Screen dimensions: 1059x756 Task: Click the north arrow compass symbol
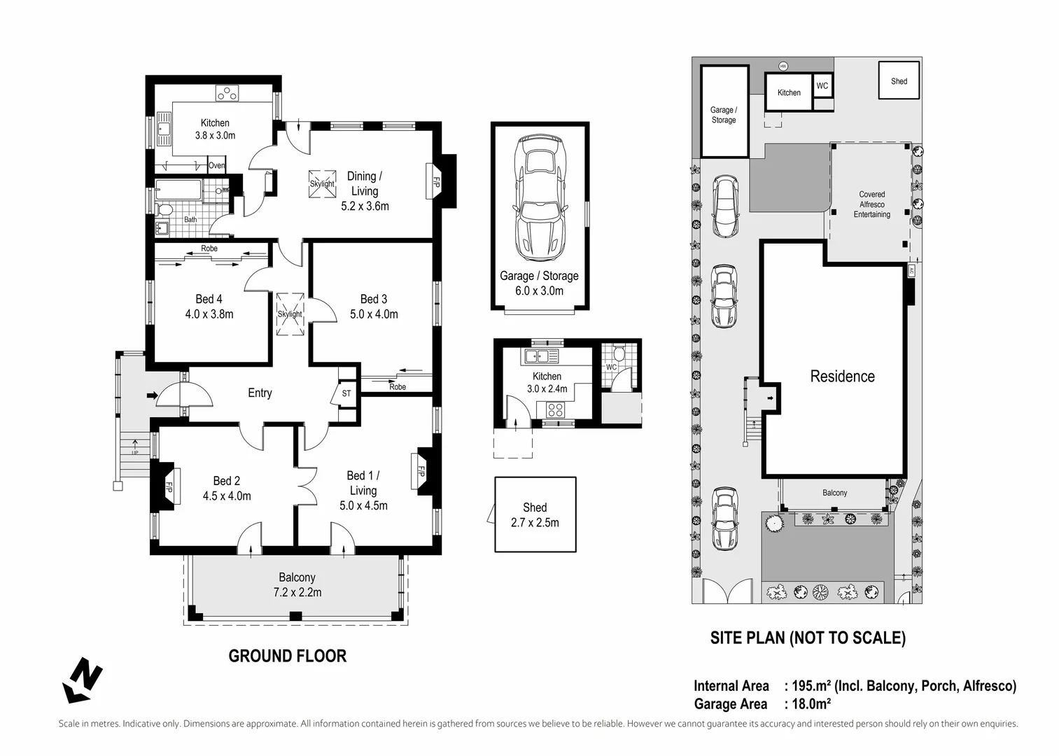tap(83, 680)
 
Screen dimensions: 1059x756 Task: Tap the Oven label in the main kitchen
tap(217, 165)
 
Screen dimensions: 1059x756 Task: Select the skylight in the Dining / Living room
tap(323, 184)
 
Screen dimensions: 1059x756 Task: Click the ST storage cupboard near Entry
tap(346, 393)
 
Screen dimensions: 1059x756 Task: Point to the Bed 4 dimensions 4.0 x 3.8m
tap(209, 314)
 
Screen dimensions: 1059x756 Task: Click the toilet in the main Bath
tap(164, 209)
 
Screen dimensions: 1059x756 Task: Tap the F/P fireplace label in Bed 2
tap(168, 487)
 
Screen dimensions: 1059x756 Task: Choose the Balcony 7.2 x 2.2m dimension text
tap(297, 592)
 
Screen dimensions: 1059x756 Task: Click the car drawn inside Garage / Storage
tap(540, 198)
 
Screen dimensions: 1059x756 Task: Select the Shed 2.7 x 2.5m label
tap(535, 515)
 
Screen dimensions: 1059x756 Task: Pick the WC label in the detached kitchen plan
tap(611, 367)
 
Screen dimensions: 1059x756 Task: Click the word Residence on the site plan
tap(843, 377)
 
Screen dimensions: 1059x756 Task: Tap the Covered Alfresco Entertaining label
tap(872, 204)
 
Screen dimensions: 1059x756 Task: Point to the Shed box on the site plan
tap(899, 80)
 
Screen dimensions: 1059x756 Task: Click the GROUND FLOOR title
tap(288, 656)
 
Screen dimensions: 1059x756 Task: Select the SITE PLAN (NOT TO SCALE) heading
tap(808, 638)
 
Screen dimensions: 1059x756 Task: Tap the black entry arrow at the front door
tap(152, 395)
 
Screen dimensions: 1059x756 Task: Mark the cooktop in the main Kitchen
tap(227, 93)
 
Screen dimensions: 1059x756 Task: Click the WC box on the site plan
tap(822, 85)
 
